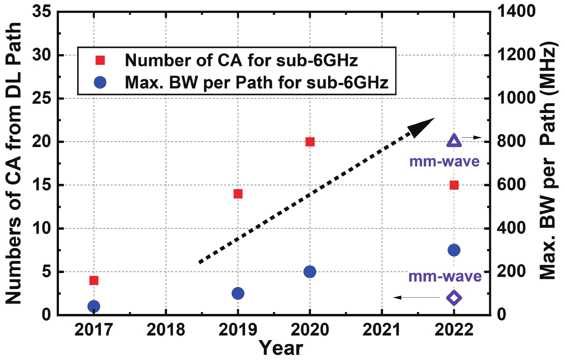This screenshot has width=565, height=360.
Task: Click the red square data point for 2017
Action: [x=94, y=281]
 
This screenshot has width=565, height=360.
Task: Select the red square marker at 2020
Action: [x=310, y=142]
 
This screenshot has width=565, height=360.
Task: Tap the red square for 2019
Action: [x=238, y=194]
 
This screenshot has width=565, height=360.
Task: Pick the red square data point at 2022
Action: [x=454, y=185]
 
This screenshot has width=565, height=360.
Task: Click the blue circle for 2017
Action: [x=94, y=306]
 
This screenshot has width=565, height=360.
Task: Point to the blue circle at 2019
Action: [x=238, y=293]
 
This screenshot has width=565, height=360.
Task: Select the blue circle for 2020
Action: [x=310, y=272]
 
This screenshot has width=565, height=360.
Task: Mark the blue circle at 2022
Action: [x=454, y=250]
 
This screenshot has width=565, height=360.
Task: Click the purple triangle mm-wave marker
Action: [x=454, y=141]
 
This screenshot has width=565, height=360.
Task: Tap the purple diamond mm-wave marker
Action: [x=454, y=298]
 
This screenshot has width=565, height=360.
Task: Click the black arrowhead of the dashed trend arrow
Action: [x=422, y=127]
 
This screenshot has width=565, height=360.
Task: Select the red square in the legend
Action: [x=100, y=60]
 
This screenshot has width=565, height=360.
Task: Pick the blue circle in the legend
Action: [x=100, y=83]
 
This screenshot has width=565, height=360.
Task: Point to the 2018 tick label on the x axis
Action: [x=166, y=329]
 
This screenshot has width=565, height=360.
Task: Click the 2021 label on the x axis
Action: [x=382, y=329]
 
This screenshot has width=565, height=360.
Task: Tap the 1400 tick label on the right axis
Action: [x=516, y=11]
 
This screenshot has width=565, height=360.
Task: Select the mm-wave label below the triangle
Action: [x=444, y=161]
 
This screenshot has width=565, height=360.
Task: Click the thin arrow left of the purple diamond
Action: [x=416, y=297]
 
